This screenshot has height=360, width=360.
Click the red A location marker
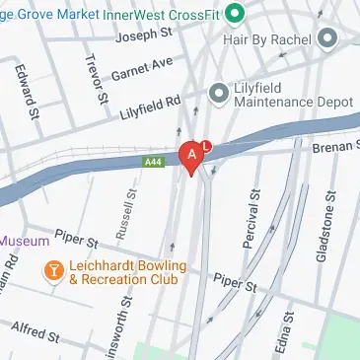click(x=190, y=157)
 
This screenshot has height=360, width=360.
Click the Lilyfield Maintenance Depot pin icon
click(x=219, y=93)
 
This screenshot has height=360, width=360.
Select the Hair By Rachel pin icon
click(x=328, y=37)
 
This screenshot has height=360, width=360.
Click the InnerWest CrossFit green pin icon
click(x=234, y=13)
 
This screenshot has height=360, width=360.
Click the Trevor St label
click(x=97, y=82)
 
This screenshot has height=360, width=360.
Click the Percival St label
click(x=250, y=225)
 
